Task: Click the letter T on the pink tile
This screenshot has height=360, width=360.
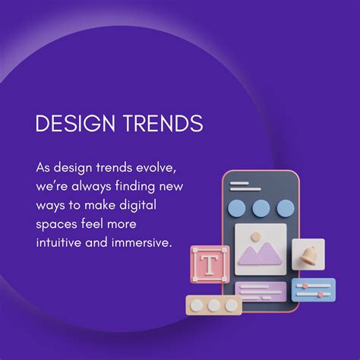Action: tap(207, 265)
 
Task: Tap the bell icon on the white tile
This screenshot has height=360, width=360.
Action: tap(308, 254)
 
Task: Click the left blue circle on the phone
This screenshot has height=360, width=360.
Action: tap(238, 208)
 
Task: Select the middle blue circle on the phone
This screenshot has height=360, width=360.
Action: tap(261, 208)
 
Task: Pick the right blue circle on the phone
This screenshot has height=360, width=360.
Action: tap(285, 208)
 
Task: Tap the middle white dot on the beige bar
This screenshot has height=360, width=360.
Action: tap(214, 305)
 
